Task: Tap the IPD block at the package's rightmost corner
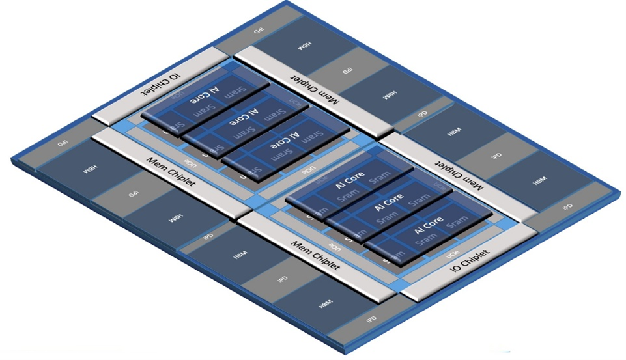pyautogui.click(x=567, y=206)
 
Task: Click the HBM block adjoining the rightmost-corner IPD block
pyautogui.click(x=539, y=180)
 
